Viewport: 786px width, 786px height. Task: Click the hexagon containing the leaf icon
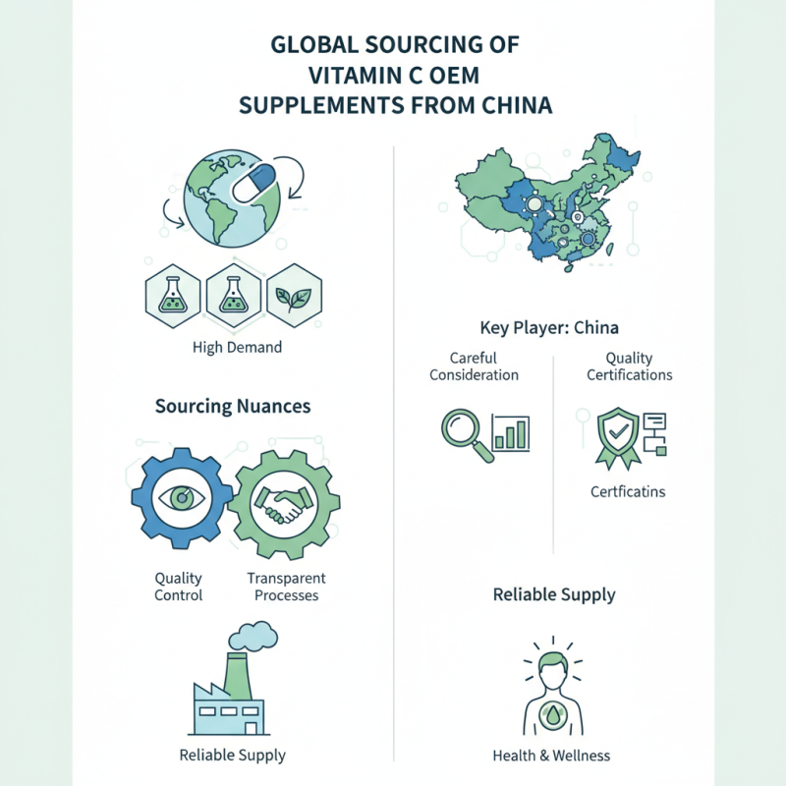pos(294,296)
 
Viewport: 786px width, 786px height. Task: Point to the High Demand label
pos(237,348)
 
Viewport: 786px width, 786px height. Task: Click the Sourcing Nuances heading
pos(233,406)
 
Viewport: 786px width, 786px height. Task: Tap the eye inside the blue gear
pos(182,498)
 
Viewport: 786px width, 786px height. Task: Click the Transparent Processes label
pos(286,587)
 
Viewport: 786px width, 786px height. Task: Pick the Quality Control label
pos(179,587)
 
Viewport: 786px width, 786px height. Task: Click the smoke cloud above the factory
pos(253,636)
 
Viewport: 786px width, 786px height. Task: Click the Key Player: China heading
pos(549,328)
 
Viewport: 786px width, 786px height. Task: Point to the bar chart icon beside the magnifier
pos(511,432)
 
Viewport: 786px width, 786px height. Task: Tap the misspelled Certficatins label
pos(628,492)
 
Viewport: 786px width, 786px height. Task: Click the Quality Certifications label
pos(630,366)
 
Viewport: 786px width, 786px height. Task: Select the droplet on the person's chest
pos(553,715)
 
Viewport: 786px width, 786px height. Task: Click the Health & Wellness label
pos(551,756)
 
